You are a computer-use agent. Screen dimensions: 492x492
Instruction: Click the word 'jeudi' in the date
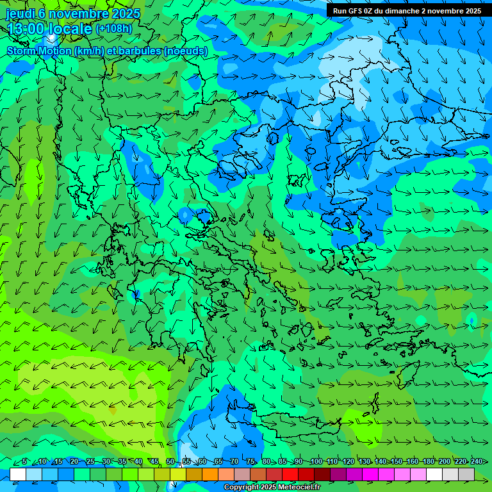pos(20,13)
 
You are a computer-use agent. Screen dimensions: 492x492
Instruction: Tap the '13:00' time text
pos(26,29)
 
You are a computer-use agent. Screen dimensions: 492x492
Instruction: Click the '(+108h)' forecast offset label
pos(114,28)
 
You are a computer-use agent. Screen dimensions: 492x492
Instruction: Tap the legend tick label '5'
pos(24,461)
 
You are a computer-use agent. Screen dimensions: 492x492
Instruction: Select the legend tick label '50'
pos(170,461)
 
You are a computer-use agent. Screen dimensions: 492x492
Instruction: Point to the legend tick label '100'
pos(316,461)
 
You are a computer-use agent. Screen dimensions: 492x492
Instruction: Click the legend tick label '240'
pos(477,461)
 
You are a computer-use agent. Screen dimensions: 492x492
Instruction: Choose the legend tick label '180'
pos(429,461)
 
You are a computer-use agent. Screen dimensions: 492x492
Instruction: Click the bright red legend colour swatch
pos(290,474)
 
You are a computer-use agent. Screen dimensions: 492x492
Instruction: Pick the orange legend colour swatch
pos(194,474)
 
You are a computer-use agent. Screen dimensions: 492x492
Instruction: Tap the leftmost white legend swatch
pos(18,474)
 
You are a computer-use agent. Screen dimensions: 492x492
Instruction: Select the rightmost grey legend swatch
pos(466,474)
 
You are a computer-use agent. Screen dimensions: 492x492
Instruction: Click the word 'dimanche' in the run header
pos(401,11)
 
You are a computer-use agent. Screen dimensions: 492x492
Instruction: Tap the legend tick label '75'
pos(250,461)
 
